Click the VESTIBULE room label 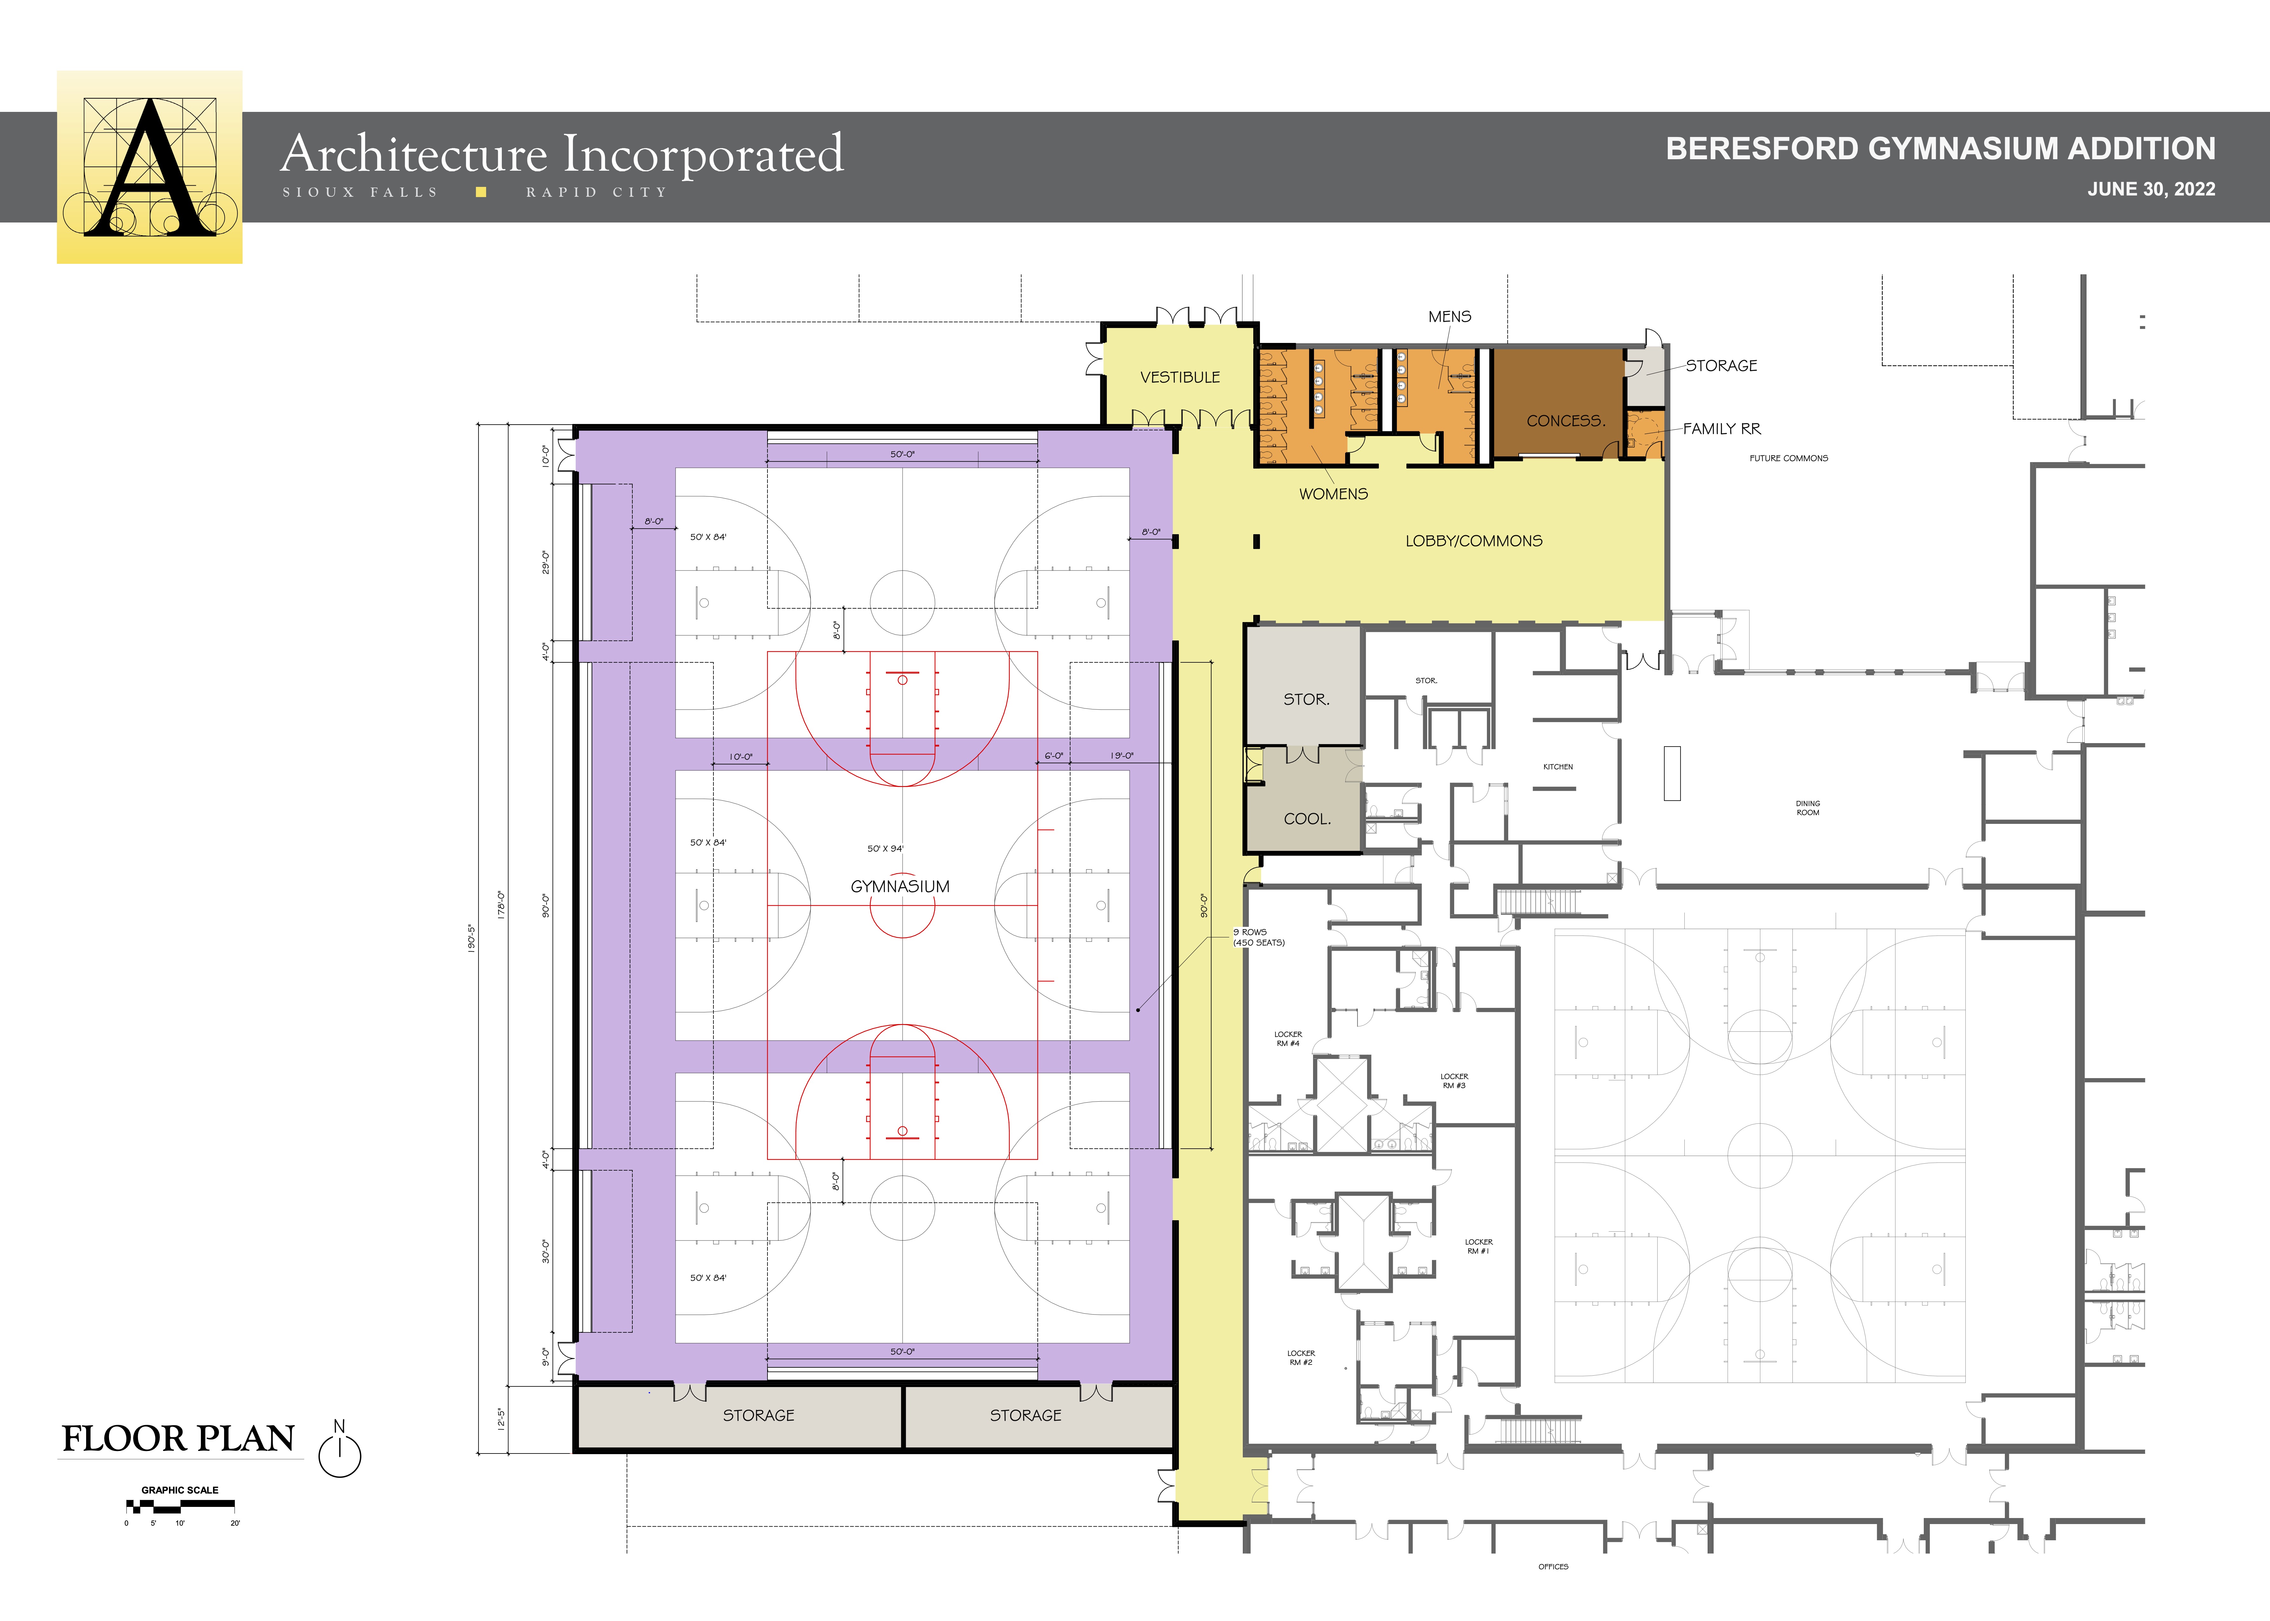point(1180,377)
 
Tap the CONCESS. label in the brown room point(1565,421)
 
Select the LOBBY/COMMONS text point(1473,541)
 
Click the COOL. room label point(1307,818)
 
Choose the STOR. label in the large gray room point(1306,700)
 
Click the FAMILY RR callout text point(1722,429)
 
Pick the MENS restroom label point(1449,317)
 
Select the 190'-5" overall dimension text point(471,938)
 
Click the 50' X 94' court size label point(885,848)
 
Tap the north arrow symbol point(340,1449)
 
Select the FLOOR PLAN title point(179,1438)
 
